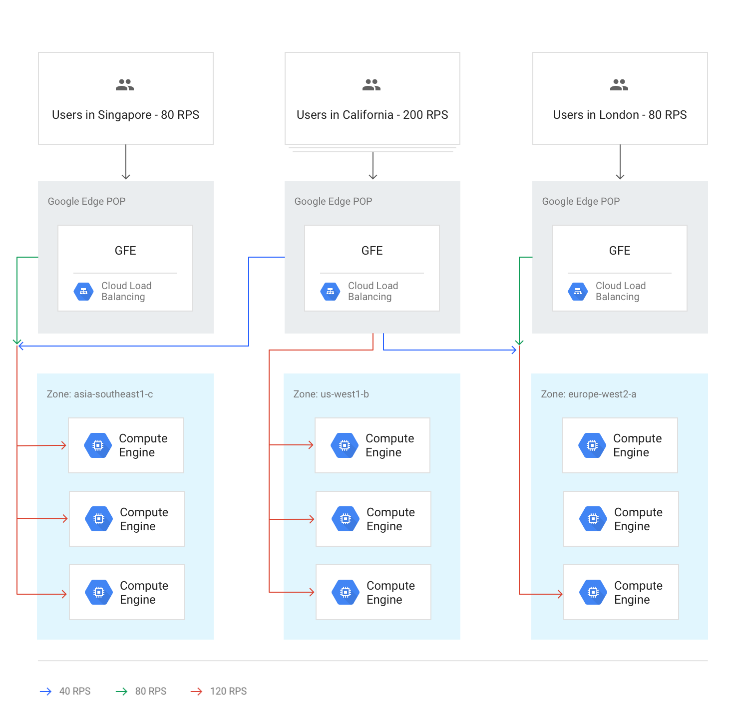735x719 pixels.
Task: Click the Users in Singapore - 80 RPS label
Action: click(125, 115)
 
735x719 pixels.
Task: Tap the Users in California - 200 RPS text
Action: click(372, 115)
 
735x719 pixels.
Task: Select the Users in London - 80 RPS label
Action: click(620, 115)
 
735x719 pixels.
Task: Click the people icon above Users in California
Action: click(371, 85)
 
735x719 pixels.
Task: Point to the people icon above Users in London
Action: click(619, 85)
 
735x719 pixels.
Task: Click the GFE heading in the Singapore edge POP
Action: click(125, 251)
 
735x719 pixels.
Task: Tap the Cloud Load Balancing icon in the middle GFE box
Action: click(330, 292)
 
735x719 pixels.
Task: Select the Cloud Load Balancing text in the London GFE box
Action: click(620, 291)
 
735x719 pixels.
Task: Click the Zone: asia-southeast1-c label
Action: click(100, 394)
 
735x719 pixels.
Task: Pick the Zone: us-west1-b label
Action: click(331, 394)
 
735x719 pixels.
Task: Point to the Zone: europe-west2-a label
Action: click(589, 394)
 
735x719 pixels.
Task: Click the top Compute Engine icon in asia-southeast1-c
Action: click(98, 445)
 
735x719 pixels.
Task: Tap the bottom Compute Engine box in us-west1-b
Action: click(373, 592)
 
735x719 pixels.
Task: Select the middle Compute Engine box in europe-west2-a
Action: click(621, 519)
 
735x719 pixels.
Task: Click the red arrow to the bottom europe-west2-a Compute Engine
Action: click(547, 594)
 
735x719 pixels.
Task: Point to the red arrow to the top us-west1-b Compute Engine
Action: click(299, 445)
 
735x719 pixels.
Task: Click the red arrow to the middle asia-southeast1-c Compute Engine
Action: click(52, 519)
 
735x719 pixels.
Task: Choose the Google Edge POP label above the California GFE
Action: click(333, 201)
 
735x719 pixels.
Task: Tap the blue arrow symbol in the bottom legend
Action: click(52, 691)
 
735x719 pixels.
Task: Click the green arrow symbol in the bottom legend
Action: click(129, 691)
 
